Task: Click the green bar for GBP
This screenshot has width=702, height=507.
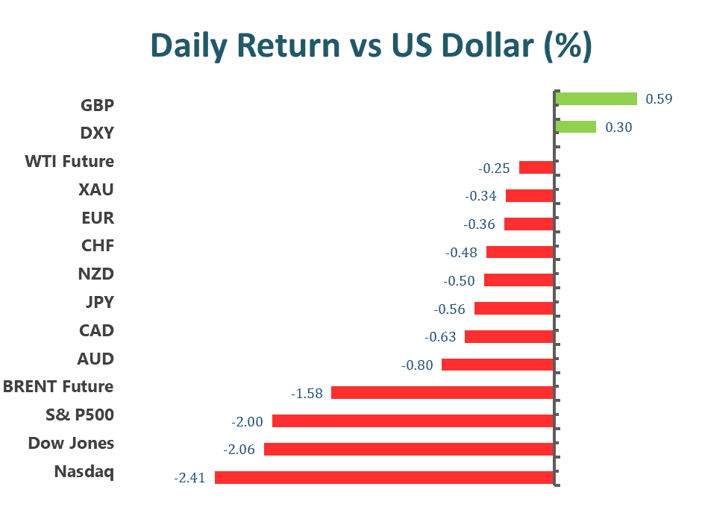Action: [596, 99]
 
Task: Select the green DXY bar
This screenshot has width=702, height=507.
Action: [576, 127]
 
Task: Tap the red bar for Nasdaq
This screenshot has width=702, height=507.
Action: [384, 477]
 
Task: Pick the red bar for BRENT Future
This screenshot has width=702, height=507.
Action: [442, 392]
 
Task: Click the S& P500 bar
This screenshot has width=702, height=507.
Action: [413, 421]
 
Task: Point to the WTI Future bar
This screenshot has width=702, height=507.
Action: [536, 167]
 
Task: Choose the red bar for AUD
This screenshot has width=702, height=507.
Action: [498, 365]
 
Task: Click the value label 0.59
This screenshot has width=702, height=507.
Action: [659, 99]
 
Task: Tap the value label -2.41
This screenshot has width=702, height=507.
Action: [190, 478]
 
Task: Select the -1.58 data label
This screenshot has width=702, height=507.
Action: [307, 393]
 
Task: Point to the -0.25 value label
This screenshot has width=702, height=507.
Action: [494, 169]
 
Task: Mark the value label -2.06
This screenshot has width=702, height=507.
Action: [239, 450]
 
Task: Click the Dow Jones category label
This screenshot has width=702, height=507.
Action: [71, 444]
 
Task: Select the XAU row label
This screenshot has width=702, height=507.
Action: [96, 190]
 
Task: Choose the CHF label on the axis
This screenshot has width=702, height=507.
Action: [97, 246]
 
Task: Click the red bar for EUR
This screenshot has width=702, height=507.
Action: [529, 224]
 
